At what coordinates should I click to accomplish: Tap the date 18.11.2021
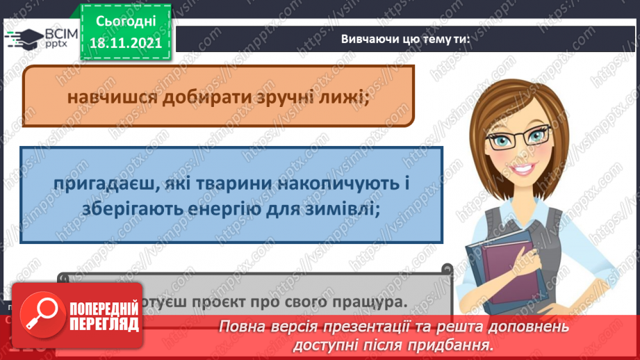(125, 41)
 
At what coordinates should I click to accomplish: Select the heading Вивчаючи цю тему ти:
(405, 39)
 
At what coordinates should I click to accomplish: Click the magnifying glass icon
(39, 317)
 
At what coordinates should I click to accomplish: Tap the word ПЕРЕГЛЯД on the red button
(104, 325)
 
